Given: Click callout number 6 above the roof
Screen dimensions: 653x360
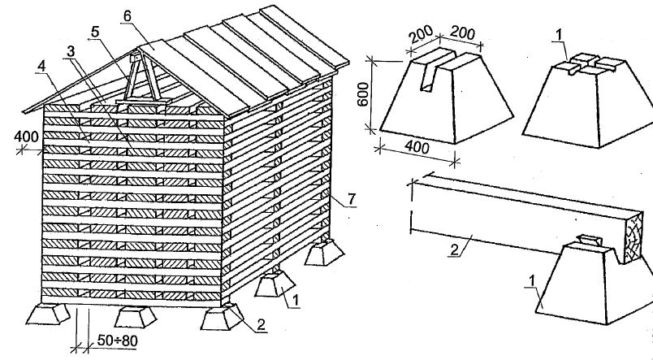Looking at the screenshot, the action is (127, 15).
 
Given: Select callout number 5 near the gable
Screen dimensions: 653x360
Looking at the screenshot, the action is (95, 32).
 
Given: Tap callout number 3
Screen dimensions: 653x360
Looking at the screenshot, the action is (71, 51).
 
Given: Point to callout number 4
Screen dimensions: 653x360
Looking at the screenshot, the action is (41, 67).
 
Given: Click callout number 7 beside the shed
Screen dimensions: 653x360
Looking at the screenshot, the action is (352, 200).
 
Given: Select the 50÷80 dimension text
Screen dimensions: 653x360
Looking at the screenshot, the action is (117, 340).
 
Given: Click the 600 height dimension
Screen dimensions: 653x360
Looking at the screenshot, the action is (364, 94).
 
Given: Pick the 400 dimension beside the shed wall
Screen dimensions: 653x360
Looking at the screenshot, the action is (26, 137).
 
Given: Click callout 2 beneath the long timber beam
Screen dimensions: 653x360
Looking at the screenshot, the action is (454, 249).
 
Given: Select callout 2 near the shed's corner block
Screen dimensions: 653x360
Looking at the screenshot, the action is (261, 325).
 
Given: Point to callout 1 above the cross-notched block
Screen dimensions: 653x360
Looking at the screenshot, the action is (560, 36).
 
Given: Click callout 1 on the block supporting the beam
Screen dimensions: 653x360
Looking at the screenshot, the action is (532, 281).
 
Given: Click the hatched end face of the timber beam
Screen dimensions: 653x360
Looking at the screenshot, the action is (632, 236).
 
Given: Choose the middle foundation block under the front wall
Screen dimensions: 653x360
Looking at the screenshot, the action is (136, 318).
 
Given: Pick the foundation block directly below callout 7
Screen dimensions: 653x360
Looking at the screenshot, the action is (324, 252).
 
